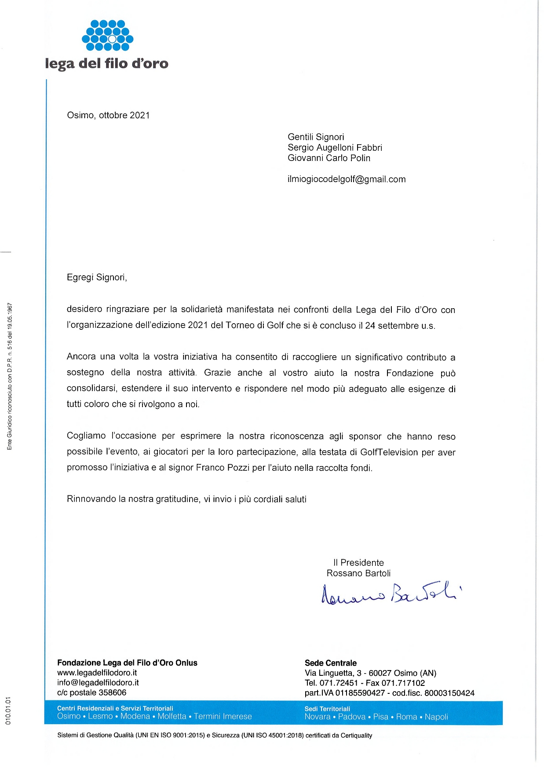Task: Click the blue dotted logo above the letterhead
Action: point(107,35)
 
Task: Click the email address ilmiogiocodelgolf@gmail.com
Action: point(347,179)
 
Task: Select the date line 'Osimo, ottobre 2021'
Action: point(108,116)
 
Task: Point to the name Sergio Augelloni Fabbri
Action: point(335,148)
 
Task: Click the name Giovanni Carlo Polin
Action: point(329,158)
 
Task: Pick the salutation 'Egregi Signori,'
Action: point(97,277)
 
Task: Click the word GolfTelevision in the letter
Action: point(389,452)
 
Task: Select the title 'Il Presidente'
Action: point(358,563)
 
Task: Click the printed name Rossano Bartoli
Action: point(358,573)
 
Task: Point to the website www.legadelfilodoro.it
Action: point(97,673)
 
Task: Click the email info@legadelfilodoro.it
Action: point(98,683)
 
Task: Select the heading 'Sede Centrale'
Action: point(331,663)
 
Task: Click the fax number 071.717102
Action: point(403,683)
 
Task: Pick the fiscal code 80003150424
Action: point(449,693)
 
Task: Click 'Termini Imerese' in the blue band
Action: point(223,717)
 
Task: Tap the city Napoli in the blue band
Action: point(436,717)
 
